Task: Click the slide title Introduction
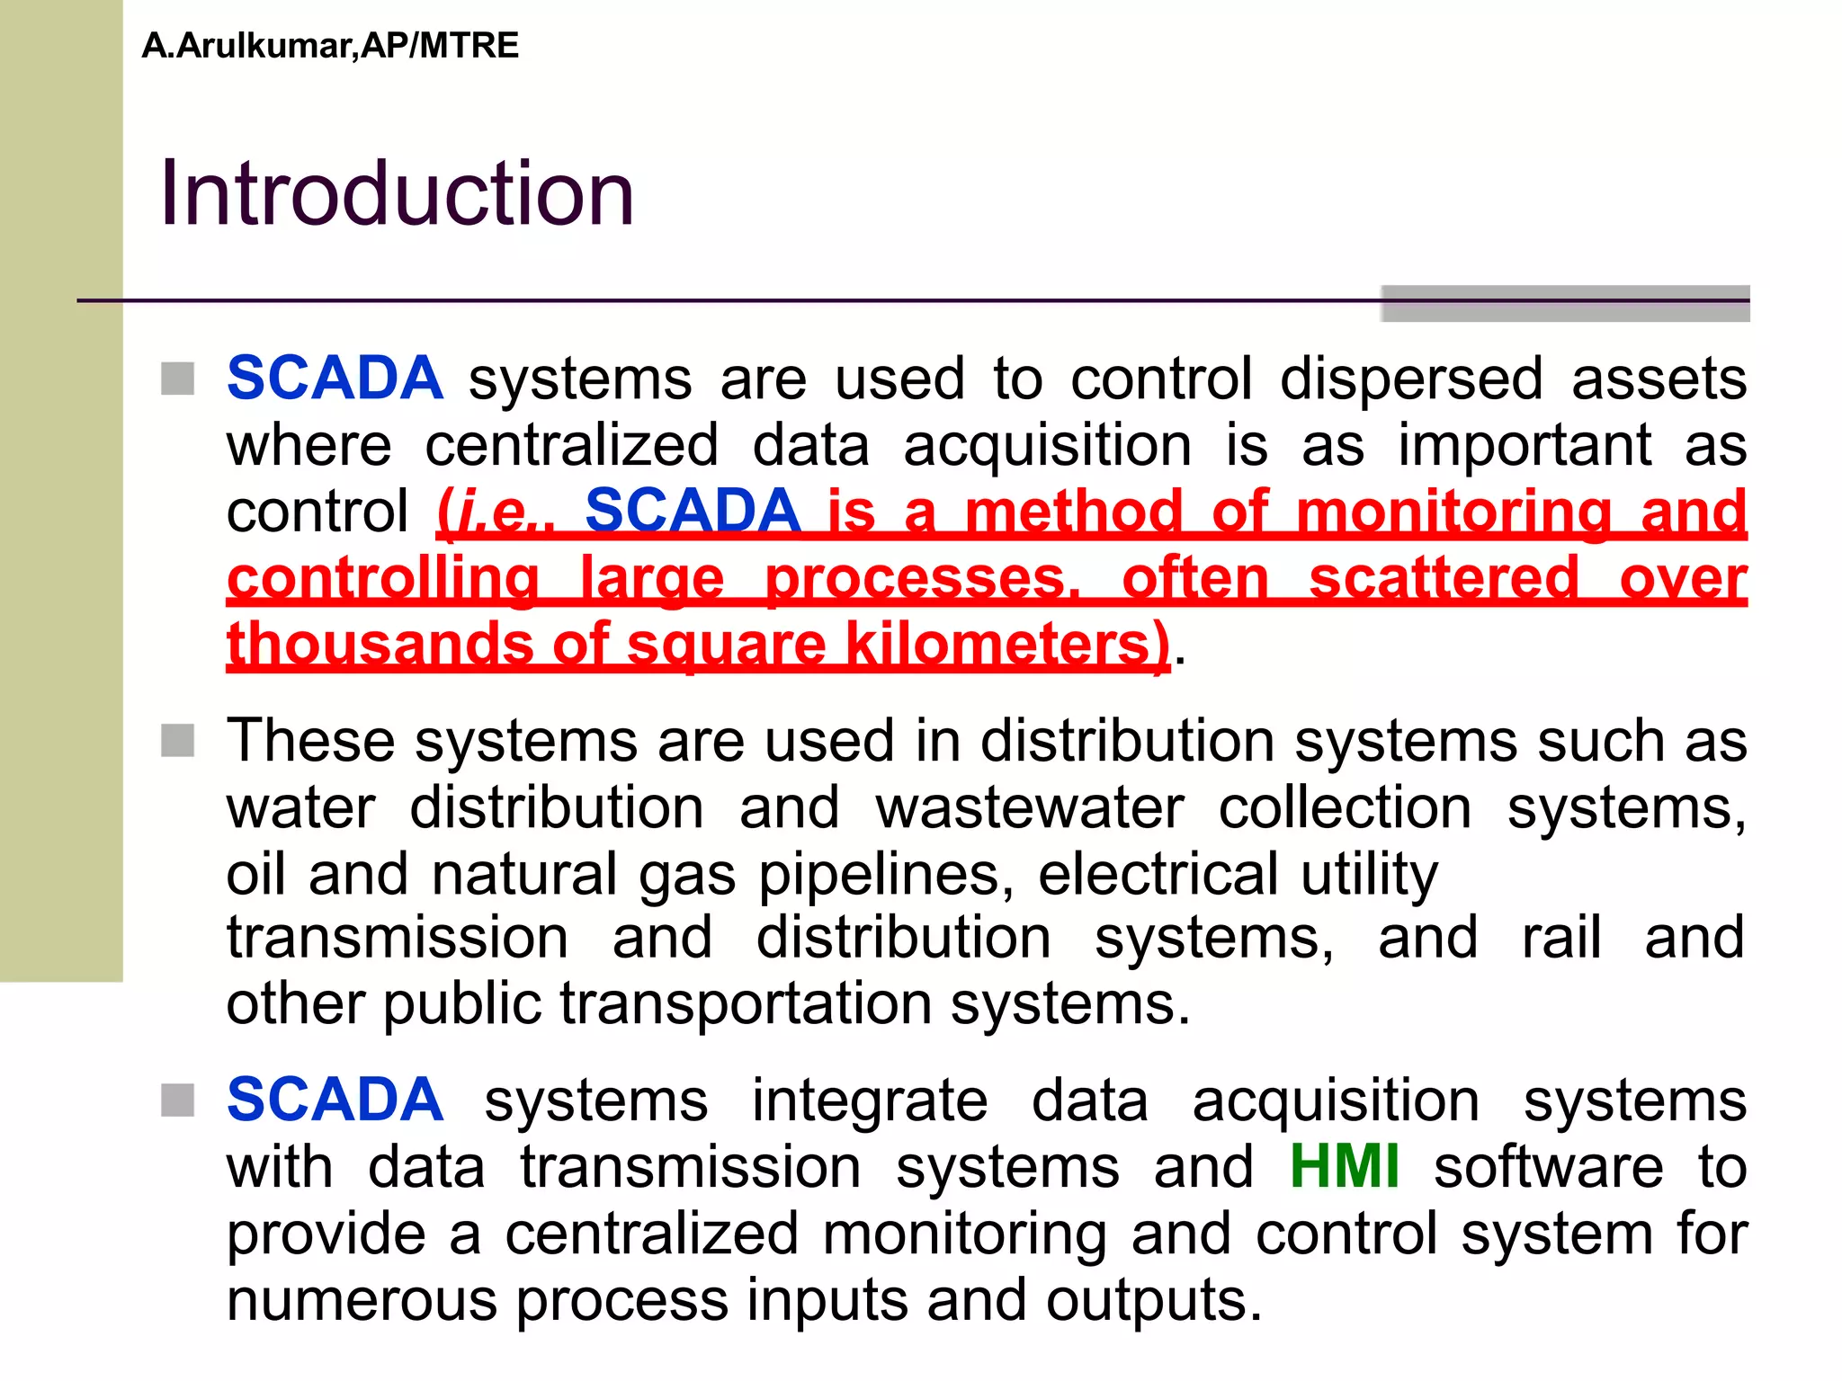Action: pyautogui.click(x=397, y=193)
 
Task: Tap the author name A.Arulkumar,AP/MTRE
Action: pyautogui.click(x=330, y=46)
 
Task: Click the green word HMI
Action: pyautogui.click(x=1344, y=1167)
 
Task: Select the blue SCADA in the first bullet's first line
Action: pyautogui.click(x=335, y=378)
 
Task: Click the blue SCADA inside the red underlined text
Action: pyautogui.click(x=693, y=511)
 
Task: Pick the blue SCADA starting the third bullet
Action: pyautogui.click(x=335, y=1100)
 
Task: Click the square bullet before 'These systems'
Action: pyautogui.click(x=178, y=741)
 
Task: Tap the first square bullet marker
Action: pyautogui.click(x=178, y=379)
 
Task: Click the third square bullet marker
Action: pyautogui.click(x=178, y=1100)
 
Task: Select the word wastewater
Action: pyautogui.click(x=1030, y=807)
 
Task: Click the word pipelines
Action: pyautogui.click(x=886, y=874)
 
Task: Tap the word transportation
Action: pyautogui.click(x=747, y=1003)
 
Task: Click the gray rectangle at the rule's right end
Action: pyautogui.click(x=1565, y=304)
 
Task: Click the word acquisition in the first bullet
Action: pyautogui.click(x=1047, y=445)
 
